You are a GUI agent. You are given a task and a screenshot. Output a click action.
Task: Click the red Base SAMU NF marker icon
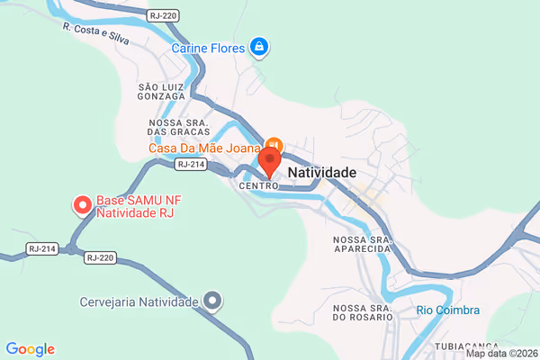click(x=82, y=205)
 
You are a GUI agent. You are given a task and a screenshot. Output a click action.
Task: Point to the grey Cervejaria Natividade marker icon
click(x=212, y=301)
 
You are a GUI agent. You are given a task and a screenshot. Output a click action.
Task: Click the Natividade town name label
click(x=321, y=171)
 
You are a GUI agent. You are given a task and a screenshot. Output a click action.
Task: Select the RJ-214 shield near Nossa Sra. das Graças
click(x=191, y=165)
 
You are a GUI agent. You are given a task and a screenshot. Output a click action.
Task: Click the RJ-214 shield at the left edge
click(x=42, y=248)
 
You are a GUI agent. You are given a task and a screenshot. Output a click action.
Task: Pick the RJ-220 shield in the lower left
click(x=101, y=257)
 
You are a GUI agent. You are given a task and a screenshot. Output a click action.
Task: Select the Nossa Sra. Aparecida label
click(x=364, y=245)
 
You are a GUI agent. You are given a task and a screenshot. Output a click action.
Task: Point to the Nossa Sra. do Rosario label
click(x=364, y=312)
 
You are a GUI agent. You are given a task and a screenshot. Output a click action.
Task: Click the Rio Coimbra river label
click(x=447, y=310)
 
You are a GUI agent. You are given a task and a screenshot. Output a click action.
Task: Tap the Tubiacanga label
click(x=467, y=346)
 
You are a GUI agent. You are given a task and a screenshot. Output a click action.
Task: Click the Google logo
click(x=30, y=349)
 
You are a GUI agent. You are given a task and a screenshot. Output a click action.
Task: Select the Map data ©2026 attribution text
click(x=501, y=353)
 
